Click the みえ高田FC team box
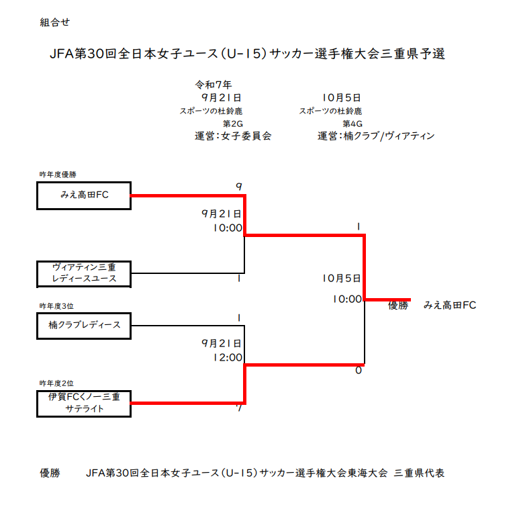(x=84, y=195)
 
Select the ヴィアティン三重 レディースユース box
(x=84, y=273)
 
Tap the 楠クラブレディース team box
(x=84, y=325)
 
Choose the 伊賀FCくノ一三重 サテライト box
(x=84, y=403)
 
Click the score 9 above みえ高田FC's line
(x=238, y=186)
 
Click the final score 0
(x=359, y=370)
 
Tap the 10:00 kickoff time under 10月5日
(x=346, y=299)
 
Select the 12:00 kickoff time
(x=227, y=357)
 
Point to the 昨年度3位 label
(x=56, y=306)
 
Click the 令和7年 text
(x=214, y=85)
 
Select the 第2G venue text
(x=232, y=124)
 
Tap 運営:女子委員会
(x=233, y=136)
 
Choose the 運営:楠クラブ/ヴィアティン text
(x=376, y=136)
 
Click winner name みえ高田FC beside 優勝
(x=450, y=306)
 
